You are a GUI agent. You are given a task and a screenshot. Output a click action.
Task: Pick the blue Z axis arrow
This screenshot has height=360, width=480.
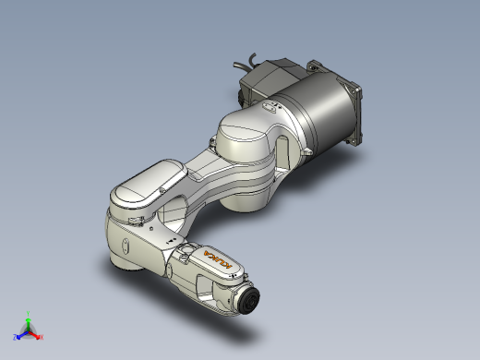(x=20, y=335)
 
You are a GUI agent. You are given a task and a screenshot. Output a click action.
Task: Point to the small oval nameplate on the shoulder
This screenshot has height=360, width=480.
(x=269, y=107)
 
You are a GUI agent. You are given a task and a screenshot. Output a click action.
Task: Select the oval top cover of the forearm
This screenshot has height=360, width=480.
(x=148, y=181)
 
